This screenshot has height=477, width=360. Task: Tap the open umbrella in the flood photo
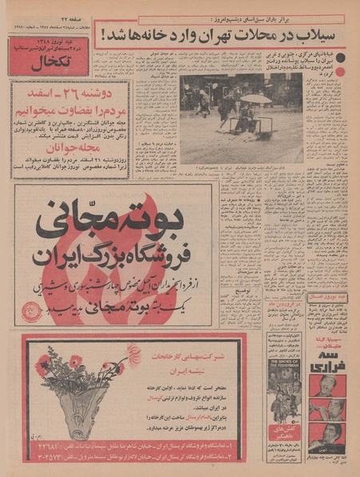point(255,98)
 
